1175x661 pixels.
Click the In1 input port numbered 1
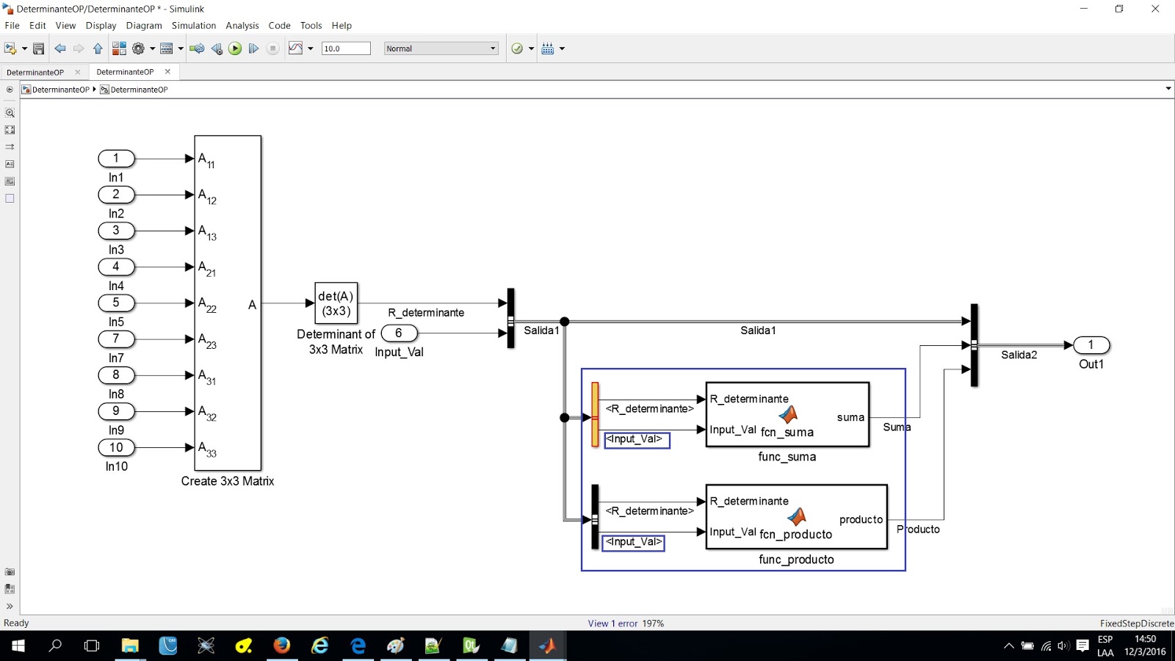[116, 159]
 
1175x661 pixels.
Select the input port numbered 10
[116, 447]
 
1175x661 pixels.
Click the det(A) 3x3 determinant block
[336, 303]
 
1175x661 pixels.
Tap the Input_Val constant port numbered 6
[399, 333]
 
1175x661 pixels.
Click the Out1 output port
[1091, 345]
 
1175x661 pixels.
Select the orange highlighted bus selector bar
[595, 414]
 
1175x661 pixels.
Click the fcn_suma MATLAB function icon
[789, 415]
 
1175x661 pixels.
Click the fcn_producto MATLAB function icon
[797, 517]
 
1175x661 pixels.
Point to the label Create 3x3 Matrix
[228, 481]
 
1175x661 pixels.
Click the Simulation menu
[194, 25]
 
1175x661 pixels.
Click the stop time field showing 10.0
[345, 48]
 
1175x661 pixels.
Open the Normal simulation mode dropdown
[441, 48]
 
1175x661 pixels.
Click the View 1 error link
[612, 624]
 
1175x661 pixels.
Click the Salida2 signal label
[1019, 355]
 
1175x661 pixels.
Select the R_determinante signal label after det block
[426, 313]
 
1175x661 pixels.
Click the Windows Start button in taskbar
[18, 646]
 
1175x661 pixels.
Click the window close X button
[1155, 9]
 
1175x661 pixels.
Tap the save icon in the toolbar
[39, 48]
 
